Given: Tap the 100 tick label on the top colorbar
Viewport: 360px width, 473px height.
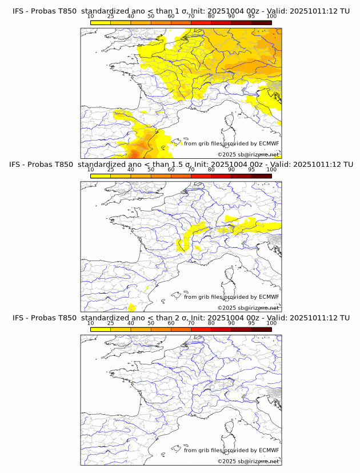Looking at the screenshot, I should [271, 17].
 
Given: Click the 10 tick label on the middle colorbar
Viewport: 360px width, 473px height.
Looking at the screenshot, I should [91, 170].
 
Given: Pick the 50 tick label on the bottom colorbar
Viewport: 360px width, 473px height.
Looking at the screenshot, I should [151, 323].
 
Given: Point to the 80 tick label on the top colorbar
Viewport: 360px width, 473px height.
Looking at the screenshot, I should [211, 17].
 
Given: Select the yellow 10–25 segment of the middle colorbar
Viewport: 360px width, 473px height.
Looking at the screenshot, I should [101, 176].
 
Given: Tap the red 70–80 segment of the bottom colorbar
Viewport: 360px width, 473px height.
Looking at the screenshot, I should [201, 329].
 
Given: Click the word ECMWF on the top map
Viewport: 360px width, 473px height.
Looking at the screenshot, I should [269, 143].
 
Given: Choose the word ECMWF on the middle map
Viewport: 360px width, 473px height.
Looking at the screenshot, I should [269, 296].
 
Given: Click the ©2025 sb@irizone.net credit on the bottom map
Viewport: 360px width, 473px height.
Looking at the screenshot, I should [248, 461].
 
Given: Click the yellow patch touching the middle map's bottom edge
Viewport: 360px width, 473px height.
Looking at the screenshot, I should [132, 308].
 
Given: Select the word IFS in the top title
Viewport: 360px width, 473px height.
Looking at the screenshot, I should [18, 11].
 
